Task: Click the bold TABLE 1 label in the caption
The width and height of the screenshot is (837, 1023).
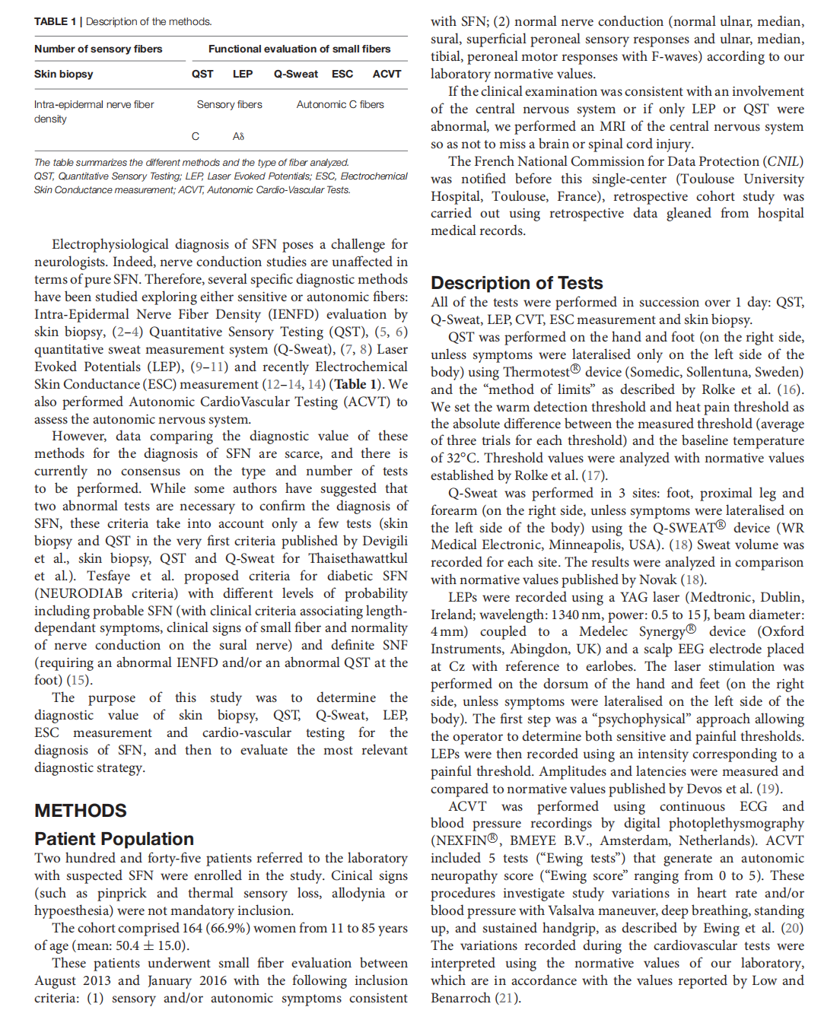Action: tap(55, 21)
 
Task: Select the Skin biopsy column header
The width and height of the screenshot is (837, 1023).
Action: tap(63, 74)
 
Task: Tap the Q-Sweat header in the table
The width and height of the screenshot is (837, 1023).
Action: tap(296, 74)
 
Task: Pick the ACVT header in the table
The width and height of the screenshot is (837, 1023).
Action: tap(387, 74)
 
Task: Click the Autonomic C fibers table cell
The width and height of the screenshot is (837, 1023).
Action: tap(340, 104)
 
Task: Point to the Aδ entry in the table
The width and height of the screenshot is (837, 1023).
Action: tap(238, 136)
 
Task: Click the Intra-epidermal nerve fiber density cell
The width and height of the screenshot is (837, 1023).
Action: tap(94, 111)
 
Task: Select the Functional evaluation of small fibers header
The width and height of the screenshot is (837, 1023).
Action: tap(299, 49)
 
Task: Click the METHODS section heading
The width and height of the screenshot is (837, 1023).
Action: tap(81, 811)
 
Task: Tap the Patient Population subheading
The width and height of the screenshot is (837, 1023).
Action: tap(114, 839)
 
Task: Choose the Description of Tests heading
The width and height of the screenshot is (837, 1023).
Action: tap(517, 283)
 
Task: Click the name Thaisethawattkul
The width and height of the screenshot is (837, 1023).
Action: tap(357, 558)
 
